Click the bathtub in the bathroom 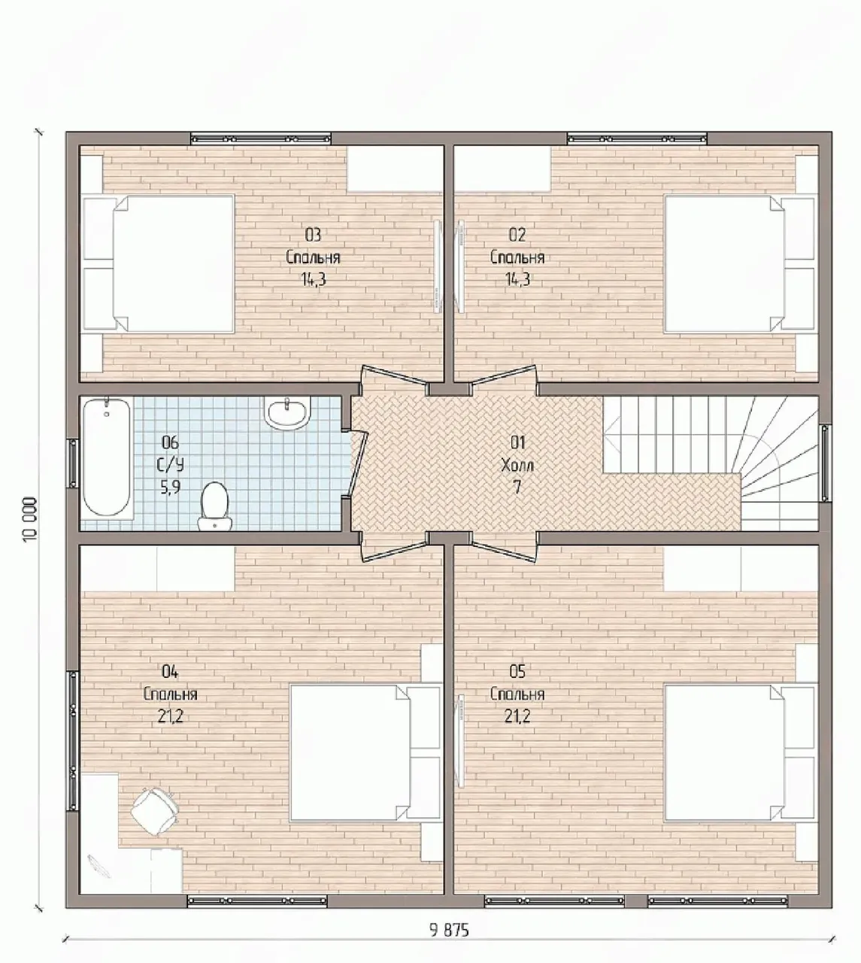pos(107,457)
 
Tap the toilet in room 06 pos(215,506)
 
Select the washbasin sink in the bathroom pos(288,414)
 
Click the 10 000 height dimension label pos(29,519)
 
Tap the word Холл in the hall pos(517,465)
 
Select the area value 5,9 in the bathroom pos(171,488)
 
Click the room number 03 pos(313,234)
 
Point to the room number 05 pos(517,672)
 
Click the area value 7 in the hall pos(517,488)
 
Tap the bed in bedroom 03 pos(158,264)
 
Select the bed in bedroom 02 pos(740,264)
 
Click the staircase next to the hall pos(711,463)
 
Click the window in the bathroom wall pos(73,463)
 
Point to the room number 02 pos(517,234)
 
